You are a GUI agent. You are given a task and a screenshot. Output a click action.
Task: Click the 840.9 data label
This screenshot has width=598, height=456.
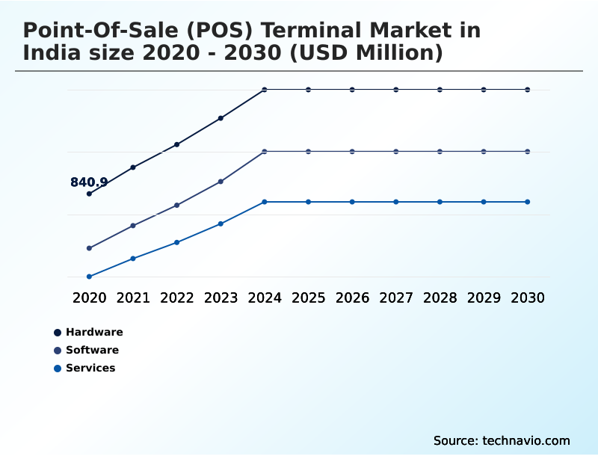pos(89,182)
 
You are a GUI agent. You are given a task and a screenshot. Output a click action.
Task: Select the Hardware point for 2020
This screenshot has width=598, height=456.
pos(89,194)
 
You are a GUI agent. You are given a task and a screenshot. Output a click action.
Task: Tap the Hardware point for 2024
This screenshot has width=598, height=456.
pos(265,90)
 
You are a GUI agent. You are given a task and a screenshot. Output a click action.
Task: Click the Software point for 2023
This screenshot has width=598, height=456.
pos(221,181)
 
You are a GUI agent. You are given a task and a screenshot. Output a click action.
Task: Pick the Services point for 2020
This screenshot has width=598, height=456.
pos(89,277)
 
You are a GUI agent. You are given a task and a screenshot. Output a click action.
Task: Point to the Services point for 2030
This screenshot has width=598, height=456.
pos(528,202)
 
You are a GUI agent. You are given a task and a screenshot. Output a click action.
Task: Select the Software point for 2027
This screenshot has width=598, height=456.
pos(396,152)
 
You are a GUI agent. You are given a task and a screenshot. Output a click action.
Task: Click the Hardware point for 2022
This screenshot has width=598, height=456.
pos(177,144)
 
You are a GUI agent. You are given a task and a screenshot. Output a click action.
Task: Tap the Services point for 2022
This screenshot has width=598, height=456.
pos(177,242)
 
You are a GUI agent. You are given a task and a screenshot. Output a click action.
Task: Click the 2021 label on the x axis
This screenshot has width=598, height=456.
pos(133,298)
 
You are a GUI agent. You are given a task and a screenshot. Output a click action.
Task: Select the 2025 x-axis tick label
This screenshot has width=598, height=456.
pos(308,298)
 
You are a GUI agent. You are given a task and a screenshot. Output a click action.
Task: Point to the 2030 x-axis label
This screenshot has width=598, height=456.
pos(528,298)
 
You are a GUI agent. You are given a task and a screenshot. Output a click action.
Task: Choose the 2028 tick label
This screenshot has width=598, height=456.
pos(440,298)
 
